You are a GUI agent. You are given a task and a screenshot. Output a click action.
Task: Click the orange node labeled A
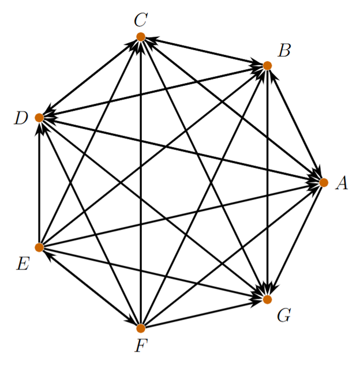pyautogui.click(x=323, y=182)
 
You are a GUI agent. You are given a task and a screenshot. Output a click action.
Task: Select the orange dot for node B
pyautogui.click(x=267, y=66)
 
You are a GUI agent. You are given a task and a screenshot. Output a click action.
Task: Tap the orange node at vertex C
pyautogui.click(x=141, y=37)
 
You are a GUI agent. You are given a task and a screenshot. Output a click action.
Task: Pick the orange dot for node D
pyautogui.click(x=39, y=118)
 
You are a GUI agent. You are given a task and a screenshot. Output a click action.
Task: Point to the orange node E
pyautogui.click(x=39, y=247)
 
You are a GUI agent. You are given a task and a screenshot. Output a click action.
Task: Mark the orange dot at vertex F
pyautogui.click(x=141, y=328)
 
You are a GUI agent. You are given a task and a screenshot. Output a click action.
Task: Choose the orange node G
pyautogui.click(x=267, y=299)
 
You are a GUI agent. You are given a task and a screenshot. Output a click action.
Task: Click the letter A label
pyautogui.click(x=342, y=183)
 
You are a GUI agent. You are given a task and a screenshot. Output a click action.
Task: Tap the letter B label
pyautogui.click(x=283, y=51)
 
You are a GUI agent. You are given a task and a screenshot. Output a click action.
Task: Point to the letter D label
pyautogui.click(x=21, y=119)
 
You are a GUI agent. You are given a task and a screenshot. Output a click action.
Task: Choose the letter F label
pyautogui.click(x=140, y=347)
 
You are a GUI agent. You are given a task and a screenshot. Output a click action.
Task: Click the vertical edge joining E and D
pyautogui.click(x=39, y=182)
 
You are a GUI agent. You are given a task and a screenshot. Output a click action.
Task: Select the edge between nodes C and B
pyautogui.click(x=204, y=51)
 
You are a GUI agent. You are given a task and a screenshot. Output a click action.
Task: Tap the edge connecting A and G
pyautogui.click(x=295, y=241)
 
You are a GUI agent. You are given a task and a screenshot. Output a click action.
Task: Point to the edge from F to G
pyautogui.click(x=204, y=314)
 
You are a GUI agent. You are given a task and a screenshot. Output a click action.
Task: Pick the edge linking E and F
pyautogui.click(x=90, y=288)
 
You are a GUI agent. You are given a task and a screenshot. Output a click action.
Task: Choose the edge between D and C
pyautogui.click(x=90, y=77)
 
